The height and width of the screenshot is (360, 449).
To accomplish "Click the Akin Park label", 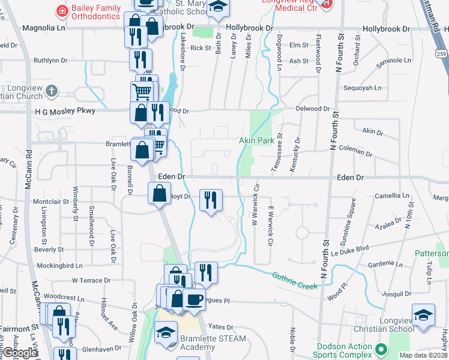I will click(x=256, y=141).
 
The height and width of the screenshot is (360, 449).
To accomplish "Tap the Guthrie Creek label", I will click(x=295, y=281).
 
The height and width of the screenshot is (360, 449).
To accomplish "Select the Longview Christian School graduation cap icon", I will click(x=423, y=316).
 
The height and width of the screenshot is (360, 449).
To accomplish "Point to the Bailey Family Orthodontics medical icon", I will click(x=61, y=11).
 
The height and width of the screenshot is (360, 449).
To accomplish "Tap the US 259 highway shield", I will click(x=442, y=54).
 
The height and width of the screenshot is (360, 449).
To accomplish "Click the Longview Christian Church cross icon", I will click(x=52, y=91).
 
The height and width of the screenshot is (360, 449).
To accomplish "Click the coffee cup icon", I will click(x=194, y=299).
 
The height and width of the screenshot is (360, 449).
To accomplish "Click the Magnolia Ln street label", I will click(x=43, y=28).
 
